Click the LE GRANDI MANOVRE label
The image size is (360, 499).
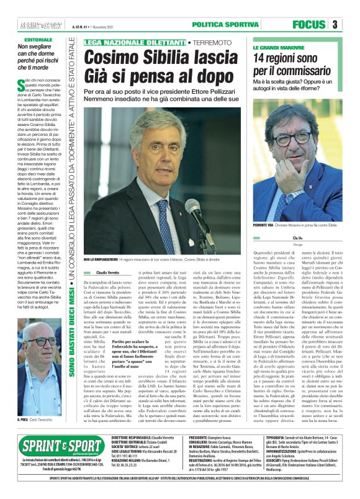(x=277, y=48)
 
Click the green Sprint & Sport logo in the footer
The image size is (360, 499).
(x=51, y=464)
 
